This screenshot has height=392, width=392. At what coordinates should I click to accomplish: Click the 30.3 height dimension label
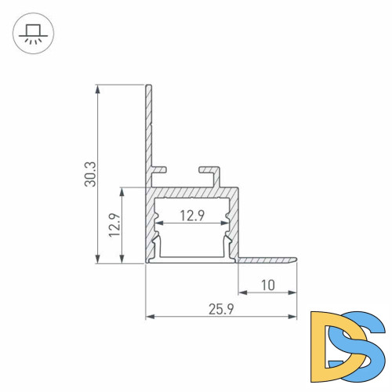coord(91,174)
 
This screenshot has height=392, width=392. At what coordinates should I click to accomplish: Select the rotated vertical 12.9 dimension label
coord(115,225)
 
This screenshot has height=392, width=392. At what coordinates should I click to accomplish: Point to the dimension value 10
coord(268,285)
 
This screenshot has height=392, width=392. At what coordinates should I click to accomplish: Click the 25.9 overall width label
coord(221,309)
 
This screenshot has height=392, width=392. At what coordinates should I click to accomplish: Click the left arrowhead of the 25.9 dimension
coord(150,318)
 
